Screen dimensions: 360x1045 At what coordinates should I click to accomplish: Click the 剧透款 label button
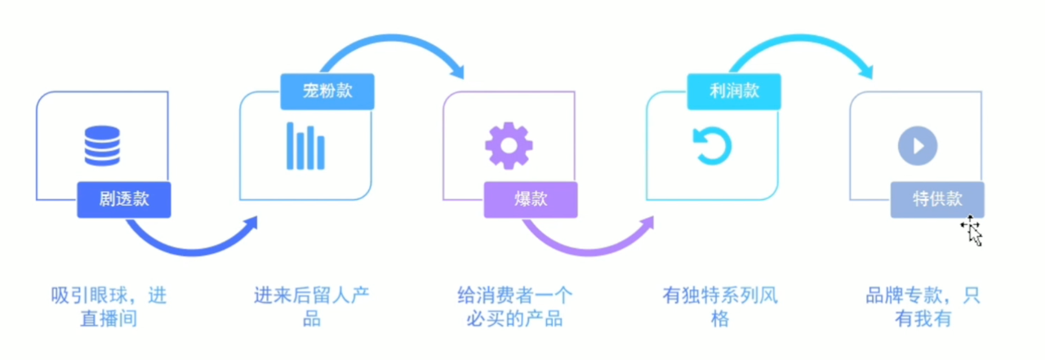[124, 199]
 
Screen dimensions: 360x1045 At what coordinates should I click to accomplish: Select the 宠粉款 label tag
[327, 91]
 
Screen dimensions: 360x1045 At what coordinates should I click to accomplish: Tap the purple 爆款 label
[531, 199]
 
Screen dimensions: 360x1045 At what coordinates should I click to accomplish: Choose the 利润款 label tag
[734, 91]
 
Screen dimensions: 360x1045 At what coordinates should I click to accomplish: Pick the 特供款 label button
[937, 199]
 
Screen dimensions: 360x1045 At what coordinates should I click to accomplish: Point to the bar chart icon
[305, 145]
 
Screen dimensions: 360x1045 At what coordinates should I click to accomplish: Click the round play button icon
[918, 146]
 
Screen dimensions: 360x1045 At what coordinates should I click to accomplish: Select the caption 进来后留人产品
[311, 306]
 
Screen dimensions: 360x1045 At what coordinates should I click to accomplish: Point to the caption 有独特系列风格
[719, 306]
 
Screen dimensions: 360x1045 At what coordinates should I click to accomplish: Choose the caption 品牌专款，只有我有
[923, 306]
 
